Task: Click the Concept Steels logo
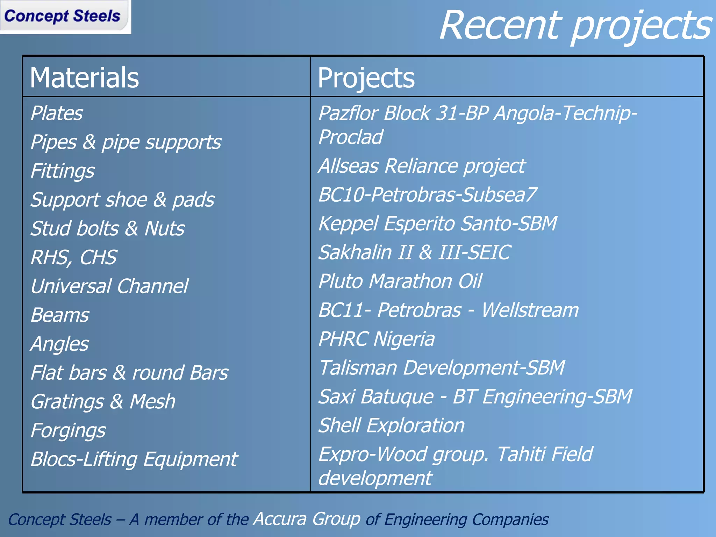tap(63, 16)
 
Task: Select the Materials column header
tap(84, 78)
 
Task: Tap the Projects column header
tap(366, 78)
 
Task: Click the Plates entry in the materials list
tap(57, 113)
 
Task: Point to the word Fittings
tap(63, 171)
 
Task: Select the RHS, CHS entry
tap(74, 257)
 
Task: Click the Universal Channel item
tap(109, 286)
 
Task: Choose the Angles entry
tap(60, 344)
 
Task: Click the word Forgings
tap(68, 430)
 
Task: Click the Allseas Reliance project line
tap(422, 166)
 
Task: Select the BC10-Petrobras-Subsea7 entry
tap(427, 194)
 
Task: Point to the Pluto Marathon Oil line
tap(400, 281)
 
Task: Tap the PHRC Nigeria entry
tap(377, 339)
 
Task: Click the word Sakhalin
tap(355, 252)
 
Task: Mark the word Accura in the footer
tap(280, 519)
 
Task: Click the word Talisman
tap(358, 368)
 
